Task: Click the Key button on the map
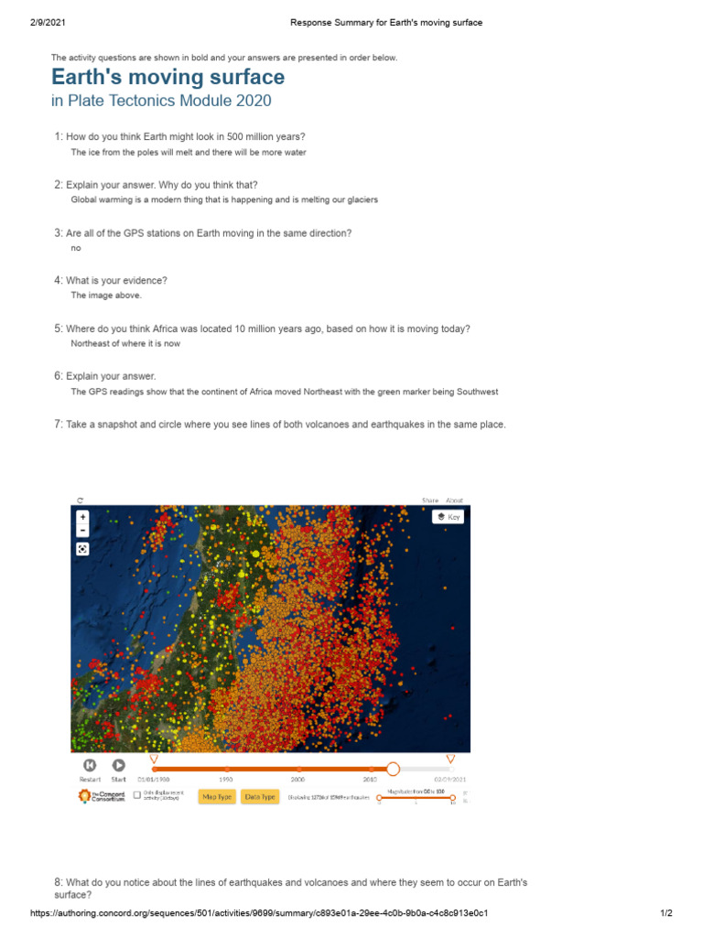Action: (449, 517)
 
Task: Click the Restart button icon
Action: (90, 765)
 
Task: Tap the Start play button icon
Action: (118, 765)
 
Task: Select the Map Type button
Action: (216, 797)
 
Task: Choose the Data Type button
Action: (260, 797)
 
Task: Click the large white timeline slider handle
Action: (393, 770)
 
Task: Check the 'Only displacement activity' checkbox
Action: (137, 796)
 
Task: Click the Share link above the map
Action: (429, 501)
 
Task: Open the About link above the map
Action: (454, 501)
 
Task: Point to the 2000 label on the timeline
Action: (298, 780)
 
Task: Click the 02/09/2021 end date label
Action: (449, 780)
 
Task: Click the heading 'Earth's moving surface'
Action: (168, 77)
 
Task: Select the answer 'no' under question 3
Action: (76, 248)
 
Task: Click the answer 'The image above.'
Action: (106, 296)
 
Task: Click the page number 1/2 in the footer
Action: (666, 913)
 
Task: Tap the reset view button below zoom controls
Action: (82, 549)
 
